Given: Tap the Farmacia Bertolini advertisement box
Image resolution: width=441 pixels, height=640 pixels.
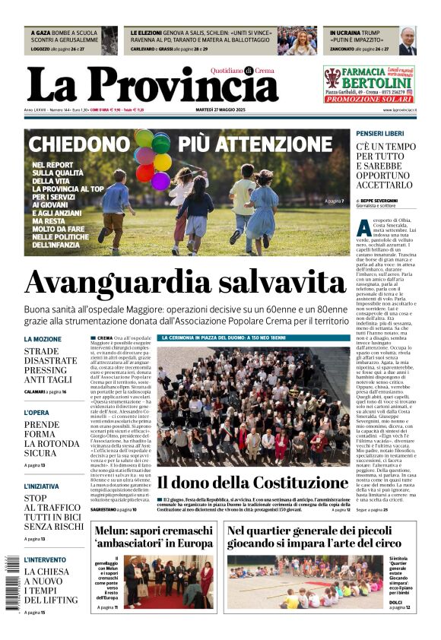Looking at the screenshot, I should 369,84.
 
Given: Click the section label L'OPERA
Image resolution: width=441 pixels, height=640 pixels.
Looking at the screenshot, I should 37,413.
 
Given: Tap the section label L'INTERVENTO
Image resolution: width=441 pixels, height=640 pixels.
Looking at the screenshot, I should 44,559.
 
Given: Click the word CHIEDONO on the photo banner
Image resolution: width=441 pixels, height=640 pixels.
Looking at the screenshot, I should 79,144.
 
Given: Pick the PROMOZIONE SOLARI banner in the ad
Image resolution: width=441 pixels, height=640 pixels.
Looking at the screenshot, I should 369,100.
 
